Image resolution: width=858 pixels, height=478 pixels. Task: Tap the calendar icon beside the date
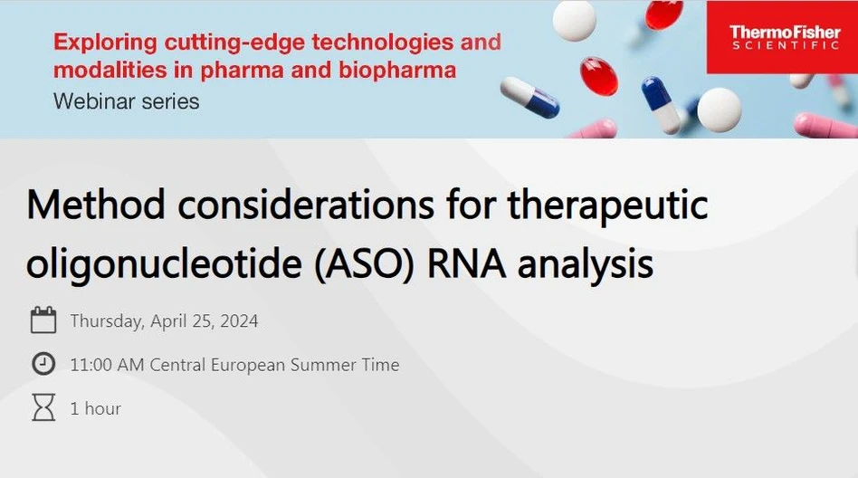43,320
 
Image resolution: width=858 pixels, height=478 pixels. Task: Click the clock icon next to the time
43,364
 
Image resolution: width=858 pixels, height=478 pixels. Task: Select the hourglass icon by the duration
43,408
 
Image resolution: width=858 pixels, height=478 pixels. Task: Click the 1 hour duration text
96,408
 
